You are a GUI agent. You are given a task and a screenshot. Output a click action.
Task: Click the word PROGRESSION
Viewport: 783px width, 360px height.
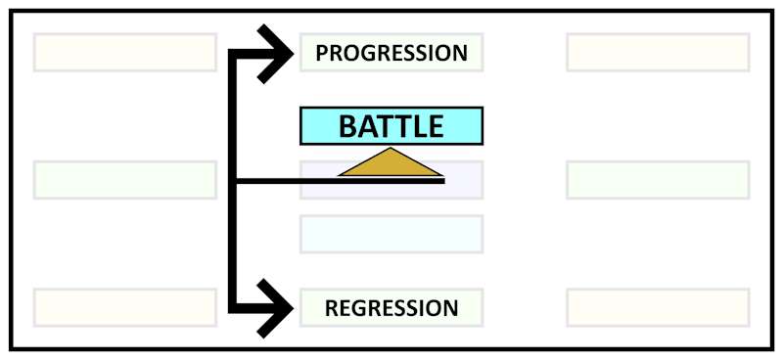pos(391,53)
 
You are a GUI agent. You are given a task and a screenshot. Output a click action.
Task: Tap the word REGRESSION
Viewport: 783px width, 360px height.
pos(391,308)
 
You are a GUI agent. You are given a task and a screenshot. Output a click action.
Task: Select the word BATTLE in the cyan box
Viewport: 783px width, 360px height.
pos(391,126)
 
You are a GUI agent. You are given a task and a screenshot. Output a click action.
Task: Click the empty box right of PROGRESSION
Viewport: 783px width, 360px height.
pos(658,53)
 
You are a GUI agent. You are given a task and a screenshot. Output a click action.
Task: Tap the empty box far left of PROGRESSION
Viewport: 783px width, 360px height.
pos(125,53)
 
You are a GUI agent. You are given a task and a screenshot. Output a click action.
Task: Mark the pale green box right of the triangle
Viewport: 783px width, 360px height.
pos(658,180)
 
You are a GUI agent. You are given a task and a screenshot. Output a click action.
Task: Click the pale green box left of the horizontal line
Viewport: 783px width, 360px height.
pos(125,180)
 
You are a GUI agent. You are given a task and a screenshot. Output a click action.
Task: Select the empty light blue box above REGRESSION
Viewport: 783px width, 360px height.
pos(391,235)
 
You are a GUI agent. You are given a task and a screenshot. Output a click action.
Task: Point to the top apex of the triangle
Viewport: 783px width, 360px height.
pos(391,150)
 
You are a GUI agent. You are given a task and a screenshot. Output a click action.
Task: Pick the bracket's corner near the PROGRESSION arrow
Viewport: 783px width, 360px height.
pos(234,52)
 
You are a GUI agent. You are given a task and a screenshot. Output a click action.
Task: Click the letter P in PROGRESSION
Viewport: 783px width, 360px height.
pos(322,53)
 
